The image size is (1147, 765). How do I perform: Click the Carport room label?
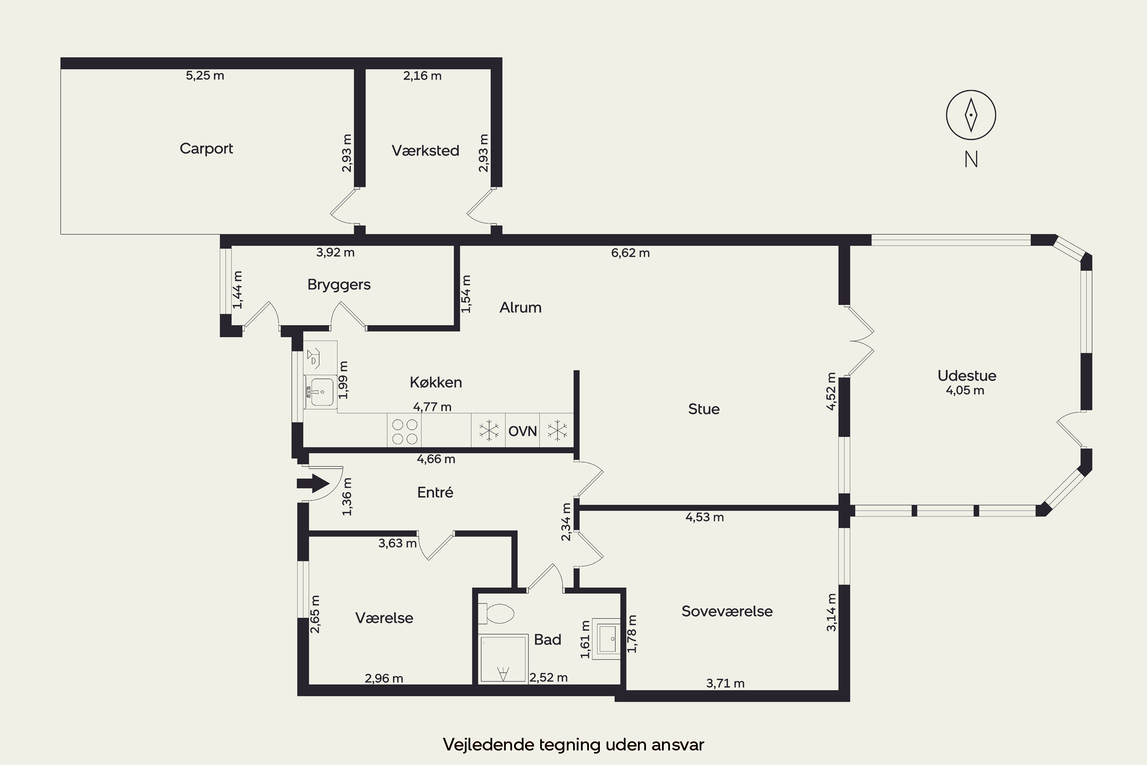pyautogui.click(x=206, y=148)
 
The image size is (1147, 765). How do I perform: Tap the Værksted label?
pyautogui.click(x=425, y=150)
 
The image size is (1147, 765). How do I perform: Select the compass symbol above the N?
pyautogui.click(x=971, y=115)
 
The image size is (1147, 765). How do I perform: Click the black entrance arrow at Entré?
pyautogui.click(x=313, y=483)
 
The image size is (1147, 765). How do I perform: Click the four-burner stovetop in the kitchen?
pyautogui.click(x=404, y=430)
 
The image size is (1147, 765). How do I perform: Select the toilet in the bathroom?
pyautogui.click(x=496, y=614)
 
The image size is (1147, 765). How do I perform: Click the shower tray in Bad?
pyautogui.click(x=503, y=658)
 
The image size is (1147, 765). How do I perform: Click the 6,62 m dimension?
pyautogui.click(x=630, y=253)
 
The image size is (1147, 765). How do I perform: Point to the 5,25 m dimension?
pyautogui.click(x=205, y=76)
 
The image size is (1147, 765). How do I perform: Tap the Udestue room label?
pyautogui.click(x=967, y=376)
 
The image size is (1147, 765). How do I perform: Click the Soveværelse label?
pyautogui.click(x=727, y=611)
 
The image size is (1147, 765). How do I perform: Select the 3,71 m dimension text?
pyautogui.click(x=725, y=684)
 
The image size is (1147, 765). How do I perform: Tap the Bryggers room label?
pyautogui.click(x=339, y=285)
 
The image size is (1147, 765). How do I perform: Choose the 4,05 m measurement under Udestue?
pyautogui.click(x=965, y=390)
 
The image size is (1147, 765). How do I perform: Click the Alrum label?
pyautogui.click(x=520, y=308)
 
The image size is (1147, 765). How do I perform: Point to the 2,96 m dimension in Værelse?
pyautogui.click(x=384, y=678)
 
